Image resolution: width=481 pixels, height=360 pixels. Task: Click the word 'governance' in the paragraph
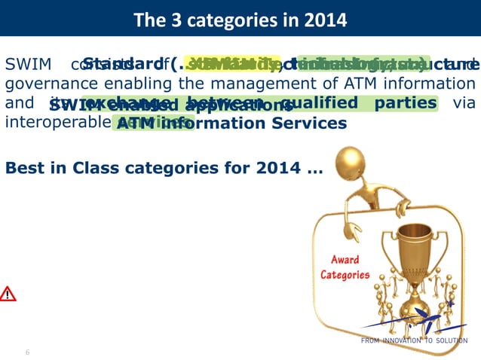coord(45,84)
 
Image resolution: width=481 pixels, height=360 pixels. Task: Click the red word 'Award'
coord(345,260)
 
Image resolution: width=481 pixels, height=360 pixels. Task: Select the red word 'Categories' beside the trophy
coord(345,274)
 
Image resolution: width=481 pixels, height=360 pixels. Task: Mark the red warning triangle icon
coord(8,294)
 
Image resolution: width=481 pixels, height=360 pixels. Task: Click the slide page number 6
coord(27,352)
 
